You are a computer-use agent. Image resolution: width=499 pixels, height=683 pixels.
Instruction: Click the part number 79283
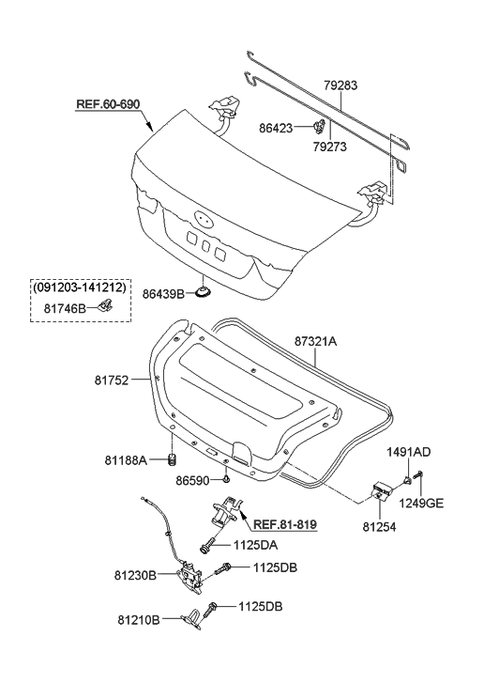(340, 85)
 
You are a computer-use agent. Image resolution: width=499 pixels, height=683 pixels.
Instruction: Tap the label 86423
(276, 128)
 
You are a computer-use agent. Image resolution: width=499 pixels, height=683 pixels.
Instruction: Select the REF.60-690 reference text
(108, 104)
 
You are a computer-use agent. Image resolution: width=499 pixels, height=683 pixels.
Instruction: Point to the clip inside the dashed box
(104, 304)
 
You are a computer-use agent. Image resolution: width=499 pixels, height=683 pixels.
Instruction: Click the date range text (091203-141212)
(80, 287)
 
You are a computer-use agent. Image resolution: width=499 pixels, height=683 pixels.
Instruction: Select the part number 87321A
(315, 342)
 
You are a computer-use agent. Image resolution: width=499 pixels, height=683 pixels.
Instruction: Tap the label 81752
(112, 380)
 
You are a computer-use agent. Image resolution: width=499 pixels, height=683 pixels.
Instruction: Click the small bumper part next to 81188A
(173, 459)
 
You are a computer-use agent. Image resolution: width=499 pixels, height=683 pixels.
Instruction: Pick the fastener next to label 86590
(227, 479)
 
